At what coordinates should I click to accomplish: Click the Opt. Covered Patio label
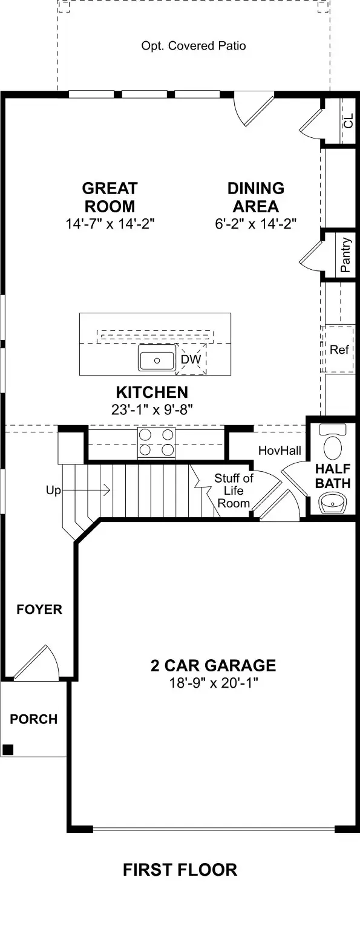click(194, 46)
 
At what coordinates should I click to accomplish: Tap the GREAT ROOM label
click(110, 197)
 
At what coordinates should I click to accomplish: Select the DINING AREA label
click(255, 197)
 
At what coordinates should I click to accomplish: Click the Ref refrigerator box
click(339, 350)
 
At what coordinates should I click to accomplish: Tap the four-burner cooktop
click(156, 442)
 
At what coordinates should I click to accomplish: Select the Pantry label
click(345, 255)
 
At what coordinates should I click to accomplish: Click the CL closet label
click(348, 121)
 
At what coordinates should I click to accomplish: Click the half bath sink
click(332, 503)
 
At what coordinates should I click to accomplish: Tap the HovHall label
click(280, 451)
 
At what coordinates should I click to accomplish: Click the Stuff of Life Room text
click(234, 491)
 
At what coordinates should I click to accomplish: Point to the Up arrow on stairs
click(79, 491)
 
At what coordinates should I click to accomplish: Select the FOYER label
click(39, 609)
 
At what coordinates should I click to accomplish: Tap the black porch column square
click(7, 749)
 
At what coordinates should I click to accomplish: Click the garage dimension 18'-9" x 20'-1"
click(213, 683)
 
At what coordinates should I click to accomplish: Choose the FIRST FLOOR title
click(180, 870)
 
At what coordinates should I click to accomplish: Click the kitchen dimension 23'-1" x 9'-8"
click(152, 409)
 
